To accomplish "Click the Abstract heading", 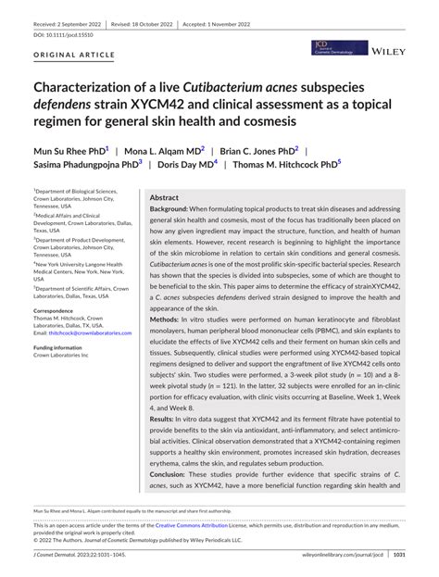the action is coord(164,198).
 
